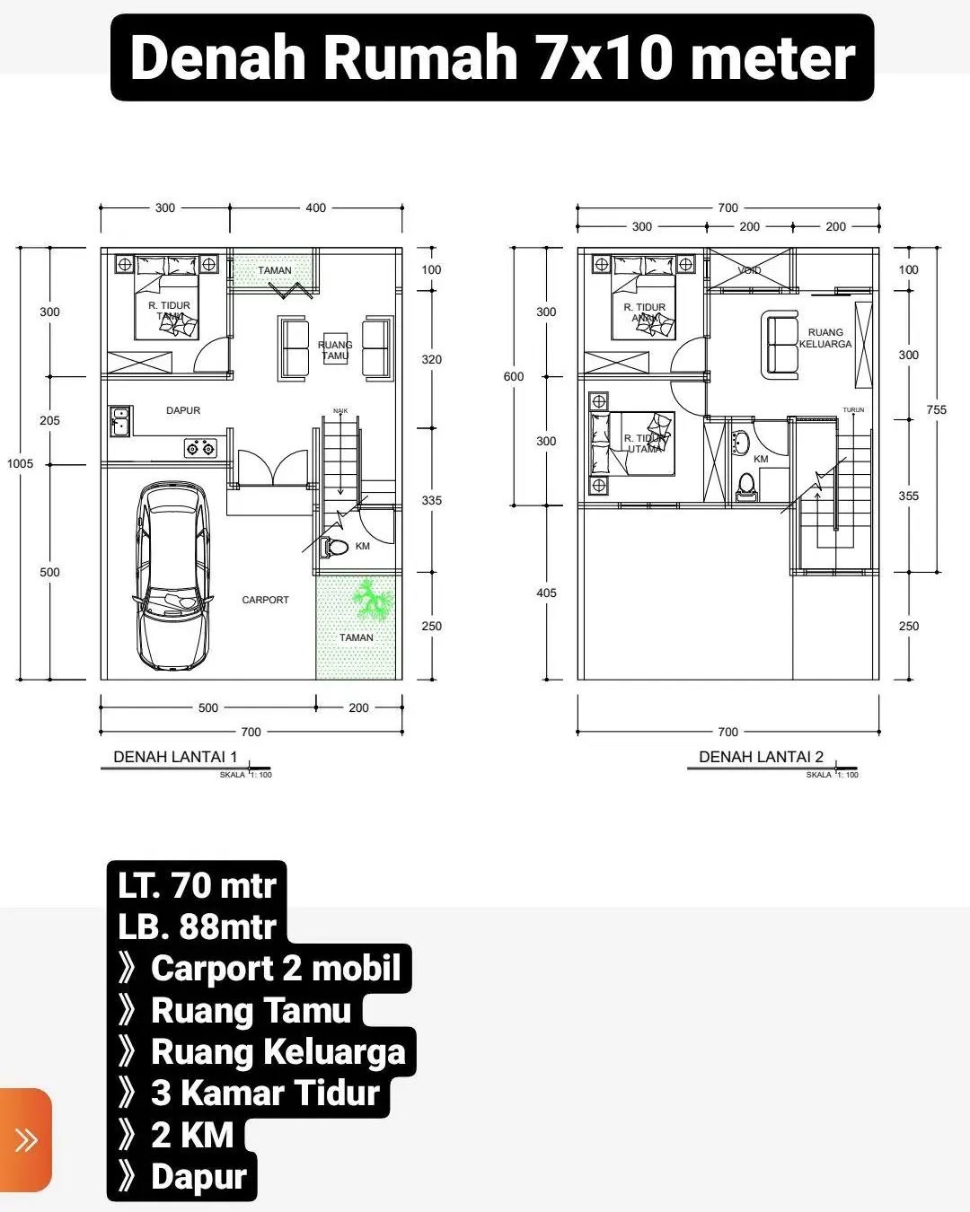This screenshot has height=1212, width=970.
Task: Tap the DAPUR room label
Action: (x=183, y=410)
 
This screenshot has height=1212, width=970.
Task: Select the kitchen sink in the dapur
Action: (x=119, y=421)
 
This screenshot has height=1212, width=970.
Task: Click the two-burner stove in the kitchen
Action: (x=199, y=447)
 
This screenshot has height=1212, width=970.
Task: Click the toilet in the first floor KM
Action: (x=334, y=546)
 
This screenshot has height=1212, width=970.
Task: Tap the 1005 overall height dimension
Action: (x=20, y=463)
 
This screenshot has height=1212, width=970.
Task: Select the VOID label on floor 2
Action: (x=749, y=270)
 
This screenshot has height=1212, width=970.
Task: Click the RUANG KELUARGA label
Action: (x=824, y=338)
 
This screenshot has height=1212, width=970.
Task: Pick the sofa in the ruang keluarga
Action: (x=779, y=345)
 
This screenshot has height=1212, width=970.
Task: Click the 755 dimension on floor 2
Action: (x=936, y=409)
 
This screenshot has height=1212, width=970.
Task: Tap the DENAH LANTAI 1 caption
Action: (x=175, y=757)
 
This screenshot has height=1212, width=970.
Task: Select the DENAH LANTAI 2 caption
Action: (x=761, y=757)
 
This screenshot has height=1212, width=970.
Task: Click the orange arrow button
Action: (x=26, y=1140)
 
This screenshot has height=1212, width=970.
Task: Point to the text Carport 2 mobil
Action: (x=275, y=969)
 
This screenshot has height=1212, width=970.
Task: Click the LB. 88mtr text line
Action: (x=197, y=927)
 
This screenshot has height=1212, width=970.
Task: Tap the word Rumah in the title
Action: (x=420, y=57)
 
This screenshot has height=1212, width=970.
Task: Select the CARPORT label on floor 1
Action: (x=265, y=600)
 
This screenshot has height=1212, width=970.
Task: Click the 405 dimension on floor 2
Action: (x=546, y=593)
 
